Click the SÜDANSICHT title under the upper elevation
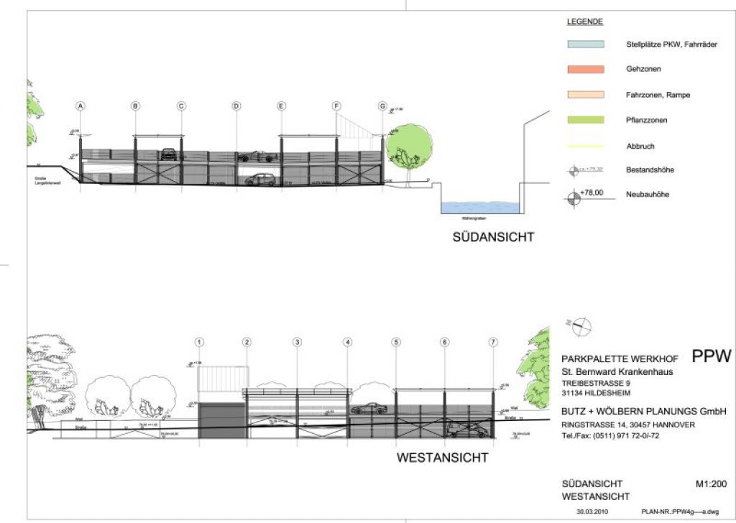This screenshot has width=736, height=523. [492, 236]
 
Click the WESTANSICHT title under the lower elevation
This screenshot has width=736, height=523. [442, 458]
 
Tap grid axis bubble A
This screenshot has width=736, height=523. [81, 106]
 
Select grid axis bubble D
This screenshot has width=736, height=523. [236, 106]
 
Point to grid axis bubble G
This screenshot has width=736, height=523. [382, 106]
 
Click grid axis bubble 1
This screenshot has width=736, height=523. [201, 343]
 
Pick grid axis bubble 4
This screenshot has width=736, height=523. [348, 343]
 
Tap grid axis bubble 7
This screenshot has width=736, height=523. [493, 343]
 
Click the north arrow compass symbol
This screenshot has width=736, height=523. [582, 325]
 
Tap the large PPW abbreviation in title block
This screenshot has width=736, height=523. [711, 356]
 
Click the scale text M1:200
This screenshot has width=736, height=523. [713, 483]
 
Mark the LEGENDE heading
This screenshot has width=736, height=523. [584, 22]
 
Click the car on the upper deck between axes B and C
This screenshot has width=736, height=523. [168, 153]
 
